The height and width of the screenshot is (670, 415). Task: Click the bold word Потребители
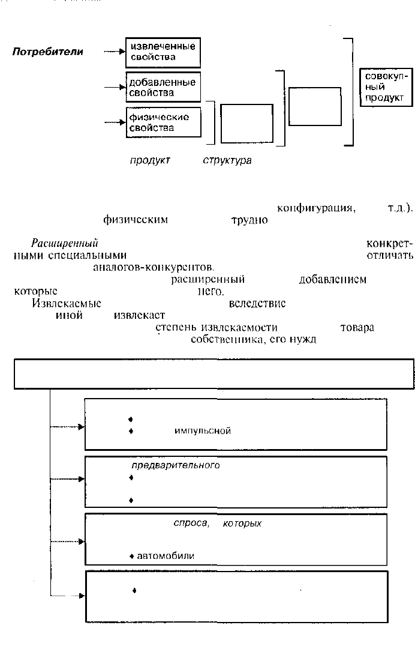pyautogui.click(x=48, y=52)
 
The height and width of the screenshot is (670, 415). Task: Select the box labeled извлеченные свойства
pyautogui.click(x=163, y=52)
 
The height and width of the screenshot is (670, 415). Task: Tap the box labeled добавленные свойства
pyautogui.click(x=163, y=88)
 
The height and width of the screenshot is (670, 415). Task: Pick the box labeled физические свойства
pyautogui.click(x=163, y=122)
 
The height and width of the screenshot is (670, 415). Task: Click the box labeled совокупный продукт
pyautogui.click(x=386, y=87)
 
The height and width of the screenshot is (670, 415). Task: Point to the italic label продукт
pyautogui.click(x=150, y=160)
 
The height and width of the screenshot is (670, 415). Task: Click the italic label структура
pyautogui.click(x=227, y=160)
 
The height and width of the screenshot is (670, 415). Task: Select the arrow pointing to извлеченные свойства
pyautogui.click(x=114, y=52)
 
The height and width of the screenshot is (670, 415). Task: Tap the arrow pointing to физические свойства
pyautogui.click(x=114, y=123)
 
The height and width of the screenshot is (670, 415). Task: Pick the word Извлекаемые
pyautogui.click(x=66, y=304)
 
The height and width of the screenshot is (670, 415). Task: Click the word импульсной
pyautogui.click(x=203, y=430)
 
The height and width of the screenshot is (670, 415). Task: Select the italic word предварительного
pyautogui.click(x=176, y=465)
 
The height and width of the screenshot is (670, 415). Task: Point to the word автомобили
pyautogui.click(x=166, y=556)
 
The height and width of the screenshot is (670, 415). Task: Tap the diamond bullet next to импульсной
pyautogui.click(x=130, y=430)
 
